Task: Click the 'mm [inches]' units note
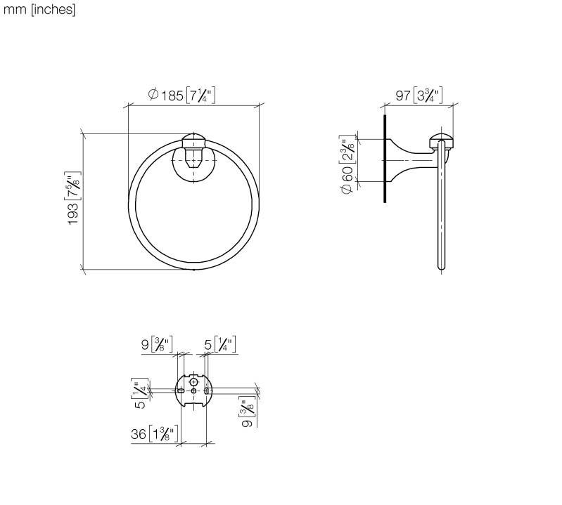coord(39,10)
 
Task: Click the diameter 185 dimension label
coord(181,96)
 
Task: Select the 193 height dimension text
coord(74,198)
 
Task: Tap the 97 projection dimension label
coord(419,96)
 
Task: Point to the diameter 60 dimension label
coord(347,164)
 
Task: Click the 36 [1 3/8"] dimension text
coord(154,434)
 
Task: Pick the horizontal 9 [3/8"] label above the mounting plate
coord(157,344)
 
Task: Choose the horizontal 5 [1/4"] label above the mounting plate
coord(220,344)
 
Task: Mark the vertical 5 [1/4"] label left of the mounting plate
coord(140,393)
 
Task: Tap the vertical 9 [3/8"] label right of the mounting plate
coord(248,412)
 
